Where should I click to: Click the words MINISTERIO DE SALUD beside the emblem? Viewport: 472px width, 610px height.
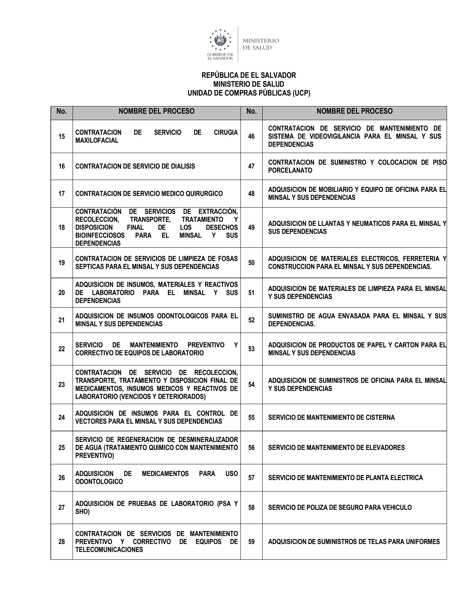click(261, 44)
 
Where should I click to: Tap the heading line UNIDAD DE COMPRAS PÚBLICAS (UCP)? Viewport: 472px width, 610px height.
click(249, 93)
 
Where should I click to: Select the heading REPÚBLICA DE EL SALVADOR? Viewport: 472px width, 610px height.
click(249, 75)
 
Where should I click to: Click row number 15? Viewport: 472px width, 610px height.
click(61, 136)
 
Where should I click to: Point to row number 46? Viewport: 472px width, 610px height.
click(251, 136)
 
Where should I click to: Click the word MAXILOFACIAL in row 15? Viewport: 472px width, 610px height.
click(97, 140)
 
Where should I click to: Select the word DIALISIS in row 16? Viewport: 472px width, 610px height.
click(183, 166)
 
